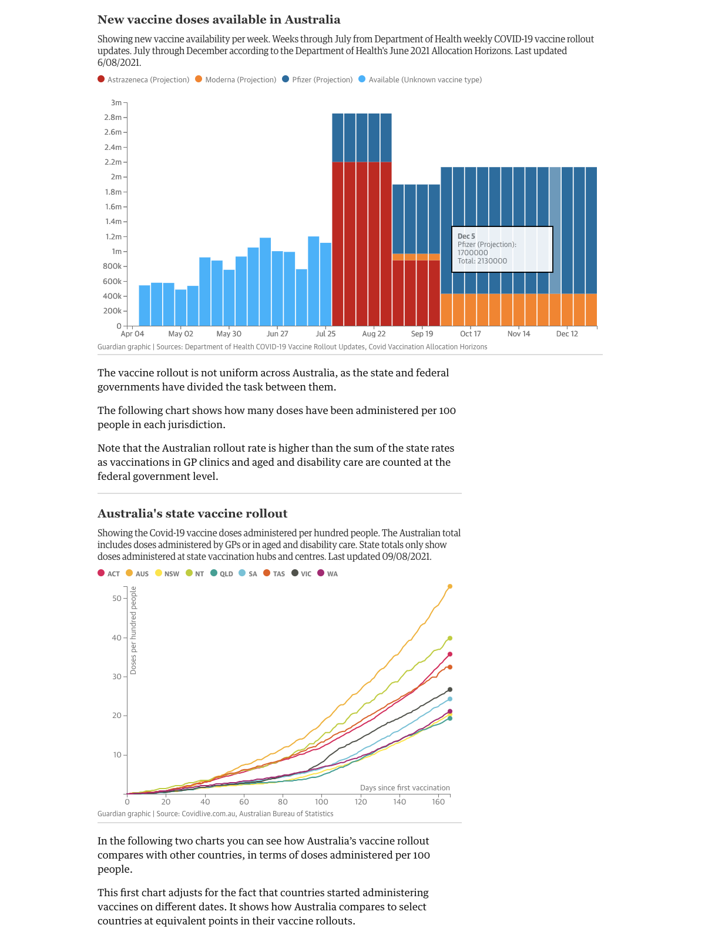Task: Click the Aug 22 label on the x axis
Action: [374, 333]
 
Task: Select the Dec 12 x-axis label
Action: [567, 333]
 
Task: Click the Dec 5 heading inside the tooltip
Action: [466, 236]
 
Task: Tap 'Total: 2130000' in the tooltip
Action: [482, 261]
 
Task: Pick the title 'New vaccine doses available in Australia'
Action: [219, 19]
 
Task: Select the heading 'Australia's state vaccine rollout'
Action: [192, 513]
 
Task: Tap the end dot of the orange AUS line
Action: [450, 586]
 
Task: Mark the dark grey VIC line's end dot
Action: [450, 689]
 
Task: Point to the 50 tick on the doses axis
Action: [116, 599]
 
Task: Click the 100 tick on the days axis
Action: [321, 802]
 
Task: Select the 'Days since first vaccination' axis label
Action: [405, 787]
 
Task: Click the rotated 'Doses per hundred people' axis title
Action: [133, 630]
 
